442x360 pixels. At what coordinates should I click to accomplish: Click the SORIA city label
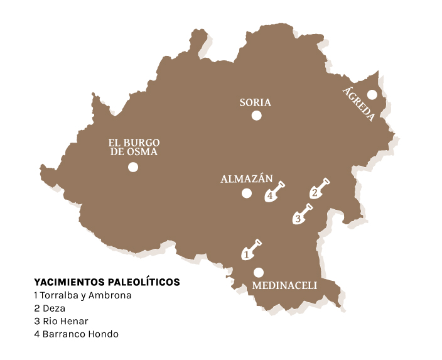(256, 102)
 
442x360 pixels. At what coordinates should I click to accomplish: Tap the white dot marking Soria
(256, 115)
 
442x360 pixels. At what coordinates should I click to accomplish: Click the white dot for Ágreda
(372, 95)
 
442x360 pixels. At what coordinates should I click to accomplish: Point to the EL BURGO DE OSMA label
(132, 147)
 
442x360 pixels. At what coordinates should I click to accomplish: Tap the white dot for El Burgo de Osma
(132, 167)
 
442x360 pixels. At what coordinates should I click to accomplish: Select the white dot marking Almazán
(246, 193)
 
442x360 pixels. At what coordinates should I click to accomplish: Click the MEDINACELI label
(284, 286)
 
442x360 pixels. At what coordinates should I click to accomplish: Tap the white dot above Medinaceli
(258, 272)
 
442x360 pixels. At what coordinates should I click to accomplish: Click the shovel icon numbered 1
(251, 250)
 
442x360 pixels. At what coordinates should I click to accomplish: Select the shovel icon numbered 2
(319, 188)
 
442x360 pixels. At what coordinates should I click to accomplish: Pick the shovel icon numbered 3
(302, 214)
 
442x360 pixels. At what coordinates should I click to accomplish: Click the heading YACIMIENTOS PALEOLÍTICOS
(107, 282)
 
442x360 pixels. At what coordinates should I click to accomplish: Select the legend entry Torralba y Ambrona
(83, 295)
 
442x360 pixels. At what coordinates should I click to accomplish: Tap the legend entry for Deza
(50, 308)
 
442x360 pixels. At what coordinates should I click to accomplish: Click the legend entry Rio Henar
(62, 321)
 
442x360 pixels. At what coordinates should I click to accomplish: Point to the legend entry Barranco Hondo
(77, 334)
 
